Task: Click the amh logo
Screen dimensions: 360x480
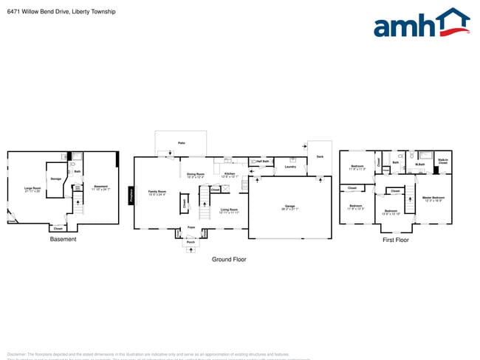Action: click(422, 24)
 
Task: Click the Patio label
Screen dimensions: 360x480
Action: click(181, 142)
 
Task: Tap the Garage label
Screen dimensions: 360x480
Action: click(290, 207)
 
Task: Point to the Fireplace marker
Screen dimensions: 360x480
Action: click(132, 195)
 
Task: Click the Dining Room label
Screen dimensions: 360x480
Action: click(195, 176)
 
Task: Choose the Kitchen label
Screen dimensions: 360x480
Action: click(230, 176)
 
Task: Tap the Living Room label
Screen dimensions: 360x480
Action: click(229, 211)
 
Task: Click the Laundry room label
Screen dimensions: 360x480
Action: click(290, 167)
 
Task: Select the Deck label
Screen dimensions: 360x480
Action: click(320, 156)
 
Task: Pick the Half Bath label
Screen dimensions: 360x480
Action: click(262, 161)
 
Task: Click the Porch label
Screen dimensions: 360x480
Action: click(191, 242)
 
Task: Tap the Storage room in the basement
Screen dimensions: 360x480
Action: click(55, 179)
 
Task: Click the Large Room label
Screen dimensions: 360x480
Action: click(32, 190)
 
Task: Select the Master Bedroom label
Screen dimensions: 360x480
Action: click(433, 198)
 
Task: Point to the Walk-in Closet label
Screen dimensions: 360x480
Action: click(442, 161)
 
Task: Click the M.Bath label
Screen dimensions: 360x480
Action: click(419, 165)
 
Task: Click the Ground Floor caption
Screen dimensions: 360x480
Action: click(229, 260)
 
